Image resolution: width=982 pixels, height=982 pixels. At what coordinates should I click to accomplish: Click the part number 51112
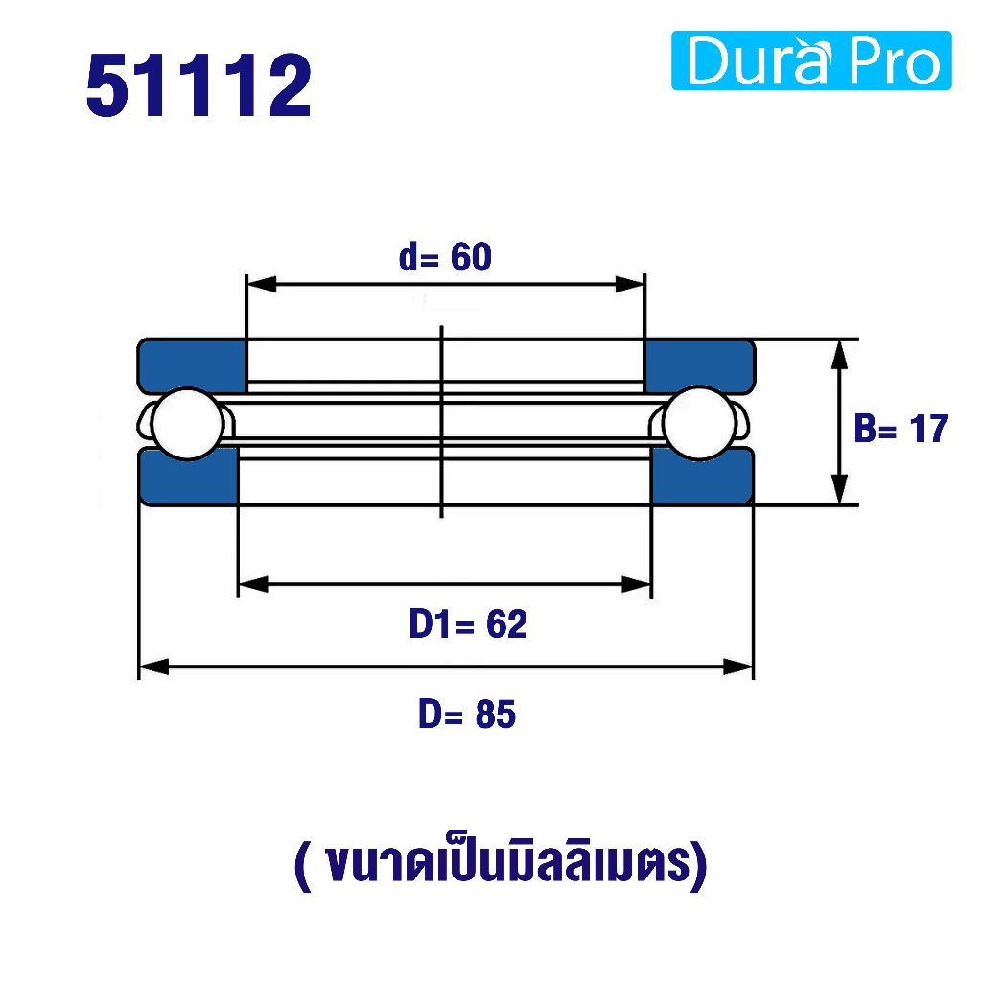click(199, 85)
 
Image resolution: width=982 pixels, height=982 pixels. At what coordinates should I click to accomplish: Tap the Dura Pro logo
click(811, 60)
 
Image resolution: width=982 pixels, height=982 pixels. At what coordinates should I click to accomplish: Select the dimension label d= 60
click(445, 257)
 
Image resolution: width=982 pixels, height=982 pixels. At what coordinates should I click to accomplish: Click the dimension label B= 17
click(901, 429)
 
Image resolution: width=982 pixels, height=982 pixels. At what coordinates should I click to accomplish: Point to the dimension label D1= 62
click(468, 623)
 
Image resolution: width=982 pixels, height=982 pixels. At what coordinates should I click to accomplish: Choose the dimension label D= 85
click(467, 713)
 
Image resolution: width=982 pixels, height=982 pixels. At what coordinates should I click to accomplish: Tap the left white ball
click(188, 424)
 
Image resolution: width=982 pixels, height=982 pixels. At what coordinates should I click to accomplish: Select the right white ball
click(699, 424)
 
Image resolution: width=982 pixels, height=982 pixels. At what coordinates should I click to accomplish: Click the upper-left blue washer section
click(192, 364)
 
